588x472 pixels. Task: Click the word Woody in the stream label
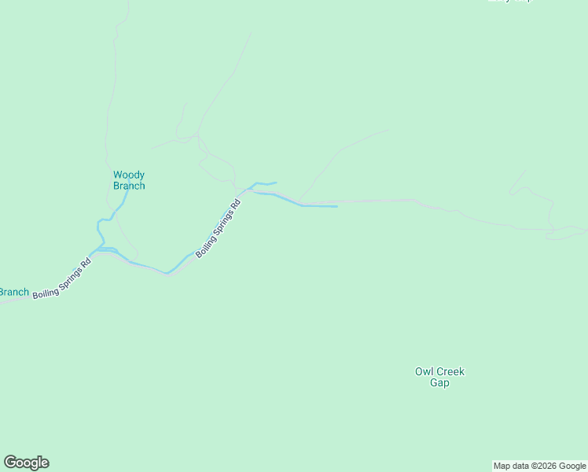click(x=129, y=175)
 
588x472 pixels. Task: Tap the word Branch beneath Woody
click(x=129, y=186)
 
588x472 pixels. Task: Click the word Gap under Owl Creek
click(x=439, y=383)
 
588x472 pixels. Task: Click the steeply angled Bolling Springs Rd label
click(x=218, y=228)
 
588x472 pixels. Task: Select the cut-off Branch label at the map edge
click(x=13, y=293)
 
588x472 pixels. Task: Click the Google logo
click(x=26, y=463)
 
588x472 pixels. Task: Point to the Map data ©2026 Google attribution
click(x=539, y=466)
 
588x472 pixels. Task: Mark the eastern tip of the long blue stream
click(x=337, y=207)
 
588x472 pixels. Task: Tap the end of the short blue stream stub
click(x=276, y=183)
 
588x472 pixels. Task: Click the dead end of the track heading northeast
click(x=388, y=130)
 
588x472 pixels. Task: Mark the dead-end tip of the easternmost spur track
click(x=525, y=169)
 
